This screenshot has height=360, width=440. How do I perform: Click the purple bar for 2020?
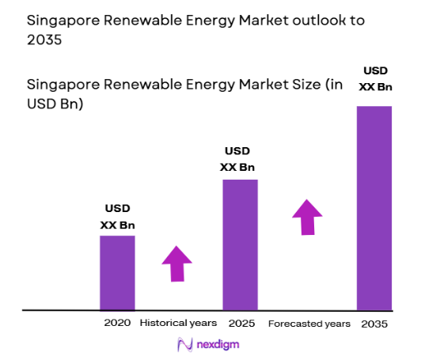pyautogui.click(x=117, y=272)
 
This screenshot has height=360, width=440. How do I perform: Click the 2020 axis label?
pyautogui.click(x=117, y=324)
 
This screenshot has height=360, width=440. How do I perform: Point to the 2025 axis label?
pyautogui.click(x=240, y=324)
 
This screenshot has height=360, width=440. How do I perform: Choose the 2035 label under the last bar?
pyautogui.click(x=374, y=324)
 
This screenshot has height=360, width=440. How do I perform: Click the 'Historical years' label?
pyautogui.click(x=177, y=324)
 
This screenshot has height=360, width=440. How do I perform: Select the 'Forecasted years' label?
pyautogui.click(x=309, y=324)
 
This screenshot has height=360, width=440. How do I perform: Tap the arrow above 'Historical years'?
pyautogui.click(x=176, y=263)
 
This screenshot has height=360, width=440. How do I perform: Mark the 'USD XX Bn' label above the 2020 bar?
pyautogui.click(x=118, y=217)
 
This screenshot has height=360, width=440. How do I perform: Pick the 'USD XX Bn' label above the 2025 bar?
pyautogui.click(x=237, y=158)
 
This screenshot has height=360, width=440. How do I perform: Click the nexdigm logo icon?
pyautogui.click(x=185, y=344)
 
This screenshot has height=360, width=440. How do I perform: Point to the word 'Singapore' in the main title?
pyautogui.click(x=61, y=19)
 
